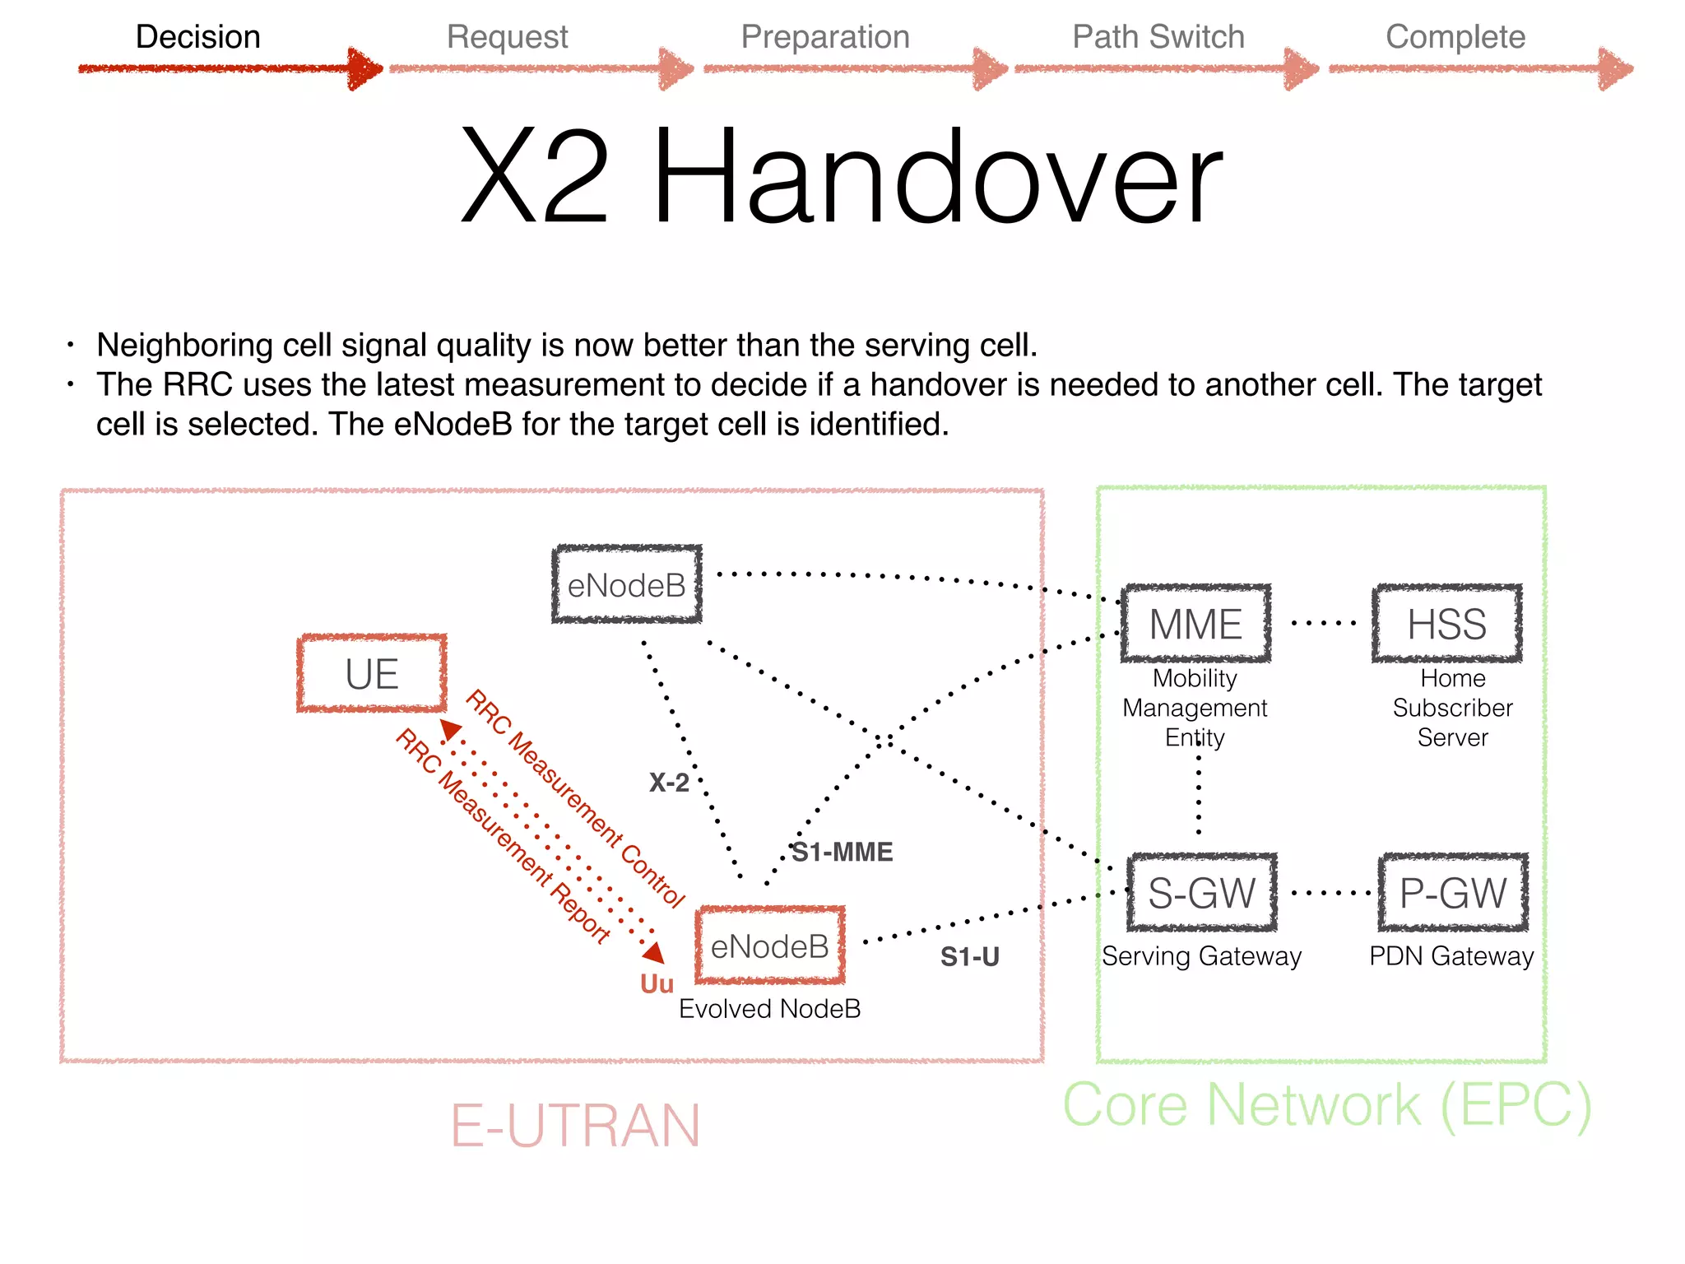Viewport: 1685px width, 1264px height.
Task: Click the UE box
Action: (x=372, y=673)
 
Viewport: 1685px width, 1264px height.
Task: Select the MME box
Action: (x=1195, y=624)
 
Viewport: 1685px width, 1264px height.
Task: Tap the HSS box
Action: (x=1446, y=624)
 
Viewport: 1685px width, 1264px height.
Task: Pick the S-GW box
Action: (x=1201, y=893)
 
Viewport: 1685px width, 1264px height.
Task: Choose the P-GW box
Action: (x=1453, y=893)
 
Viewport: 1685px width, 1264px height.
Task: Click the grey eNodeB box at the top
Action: (x=627, y=585)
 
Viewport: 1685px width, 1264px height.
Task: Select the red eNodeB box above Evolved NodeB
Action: (x=770, y=946)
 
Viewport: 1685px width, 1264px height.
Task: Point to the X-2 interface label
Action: (x=669, y=782)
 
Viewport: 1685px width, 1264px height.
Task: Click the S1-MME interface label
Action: (x=842, y=852)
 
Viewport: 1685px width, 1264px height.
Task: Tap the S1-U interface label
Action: (x=970, y=956)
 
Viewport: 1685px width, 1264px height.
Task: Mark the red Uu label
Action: (x=657, y=983)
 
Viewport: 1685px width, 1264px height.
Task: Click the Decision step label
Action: (x=198, y=37)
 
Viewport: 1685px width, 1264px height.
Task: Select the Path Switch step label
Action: (x=1158, y=37)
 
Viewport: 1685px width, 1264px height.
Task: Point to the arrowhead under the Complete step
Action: (x=1615, y=68)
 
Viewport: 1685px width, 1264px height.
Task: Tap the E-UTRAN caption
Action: (x=575, y=1126)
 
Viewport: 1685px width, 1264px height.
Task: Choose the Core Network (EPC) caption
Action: (x=1327, y=1104)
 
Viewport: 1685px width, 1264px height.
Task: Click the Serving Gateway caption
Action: (x=1201, y=956)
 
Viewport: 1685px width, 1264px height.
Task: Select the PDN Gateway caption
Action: (x=1451, y=956)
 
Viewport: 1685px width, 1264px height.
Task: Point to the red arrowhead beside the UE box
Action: (x=450, y=729)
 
